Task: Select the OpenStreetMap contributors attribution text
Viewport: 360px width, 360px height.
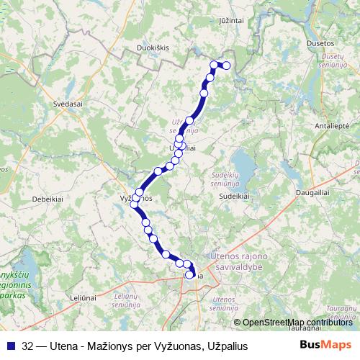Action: [x=294, y=323]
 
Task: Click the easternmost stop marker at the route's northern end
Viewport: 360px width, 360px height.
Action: [x=226, y=66]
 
